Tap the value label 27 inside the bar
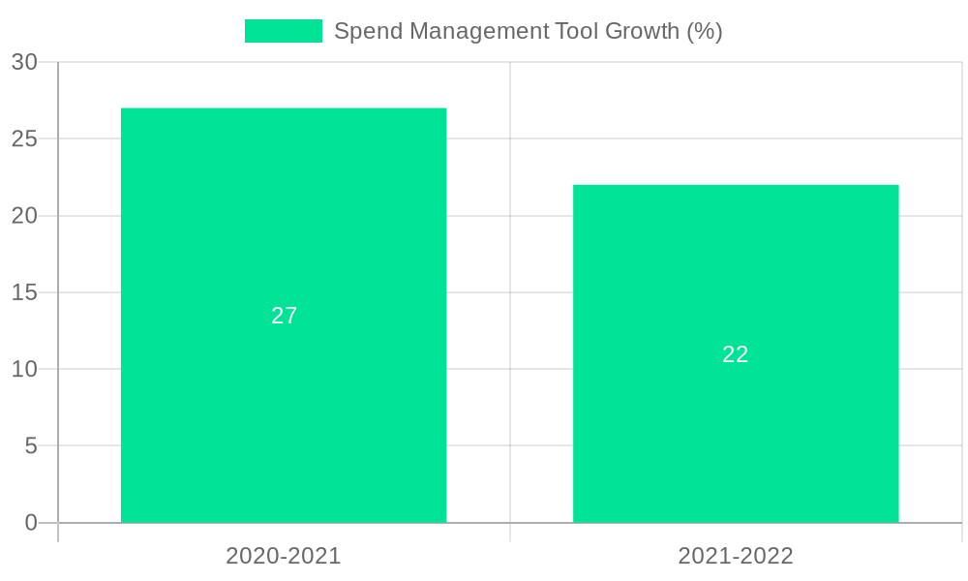(284, 316)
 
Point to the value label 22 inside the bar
(736, 354)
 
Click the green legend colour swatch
(283, 31)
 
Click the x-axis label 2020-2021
(284, 556)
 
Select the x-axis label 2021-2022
(736, 556)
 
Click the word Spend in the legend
(365, 31)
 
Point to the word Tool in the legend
(577, 31)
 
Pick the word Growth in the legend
(642, 31)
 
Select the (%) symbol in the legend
(705, 31)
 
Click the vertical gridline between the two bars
(510, 290)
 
